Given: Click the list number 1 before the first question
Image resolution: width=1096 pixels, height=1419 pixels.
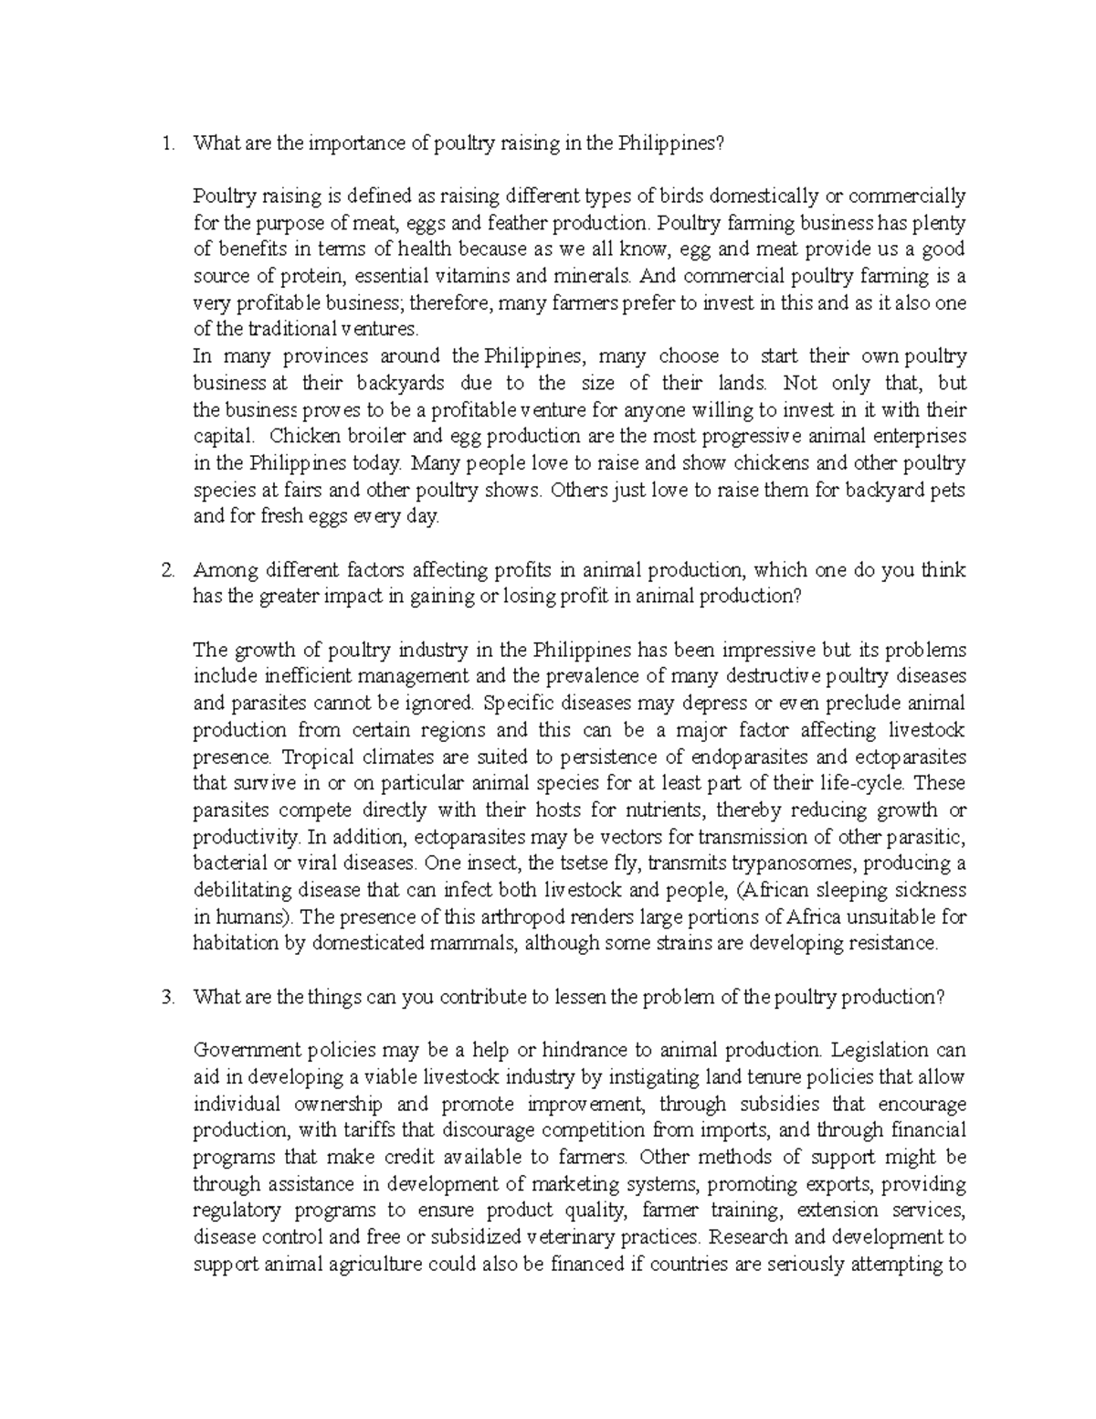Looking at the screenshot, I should (x=164, y=143).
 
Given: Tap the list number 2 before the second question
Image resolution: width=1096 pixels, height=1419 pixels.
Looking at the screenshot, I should (x=165, y=570).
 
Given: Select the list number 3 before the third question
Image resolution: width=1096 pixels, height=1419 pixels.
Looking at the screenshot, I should (x=165, y=998).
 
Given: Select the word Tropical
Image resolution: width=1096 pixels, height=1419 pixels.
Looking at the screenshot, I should (x=313, y=757).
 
